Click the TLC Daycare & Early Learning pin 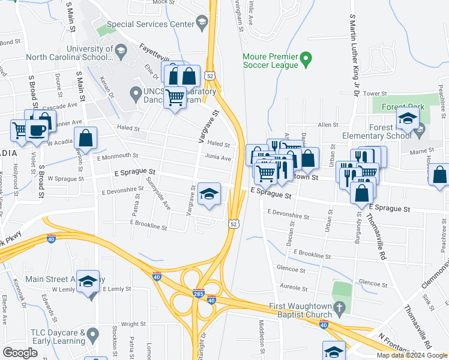(x=92, y=333)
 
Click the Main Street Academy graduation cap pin (x=88, y=281)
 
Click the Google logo (x=20, y=353)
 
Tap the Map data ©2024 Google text (x=411, y=355)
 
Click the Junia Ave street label (x=218, y=158)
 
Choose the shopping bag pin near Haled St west (x=86, y=138)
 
